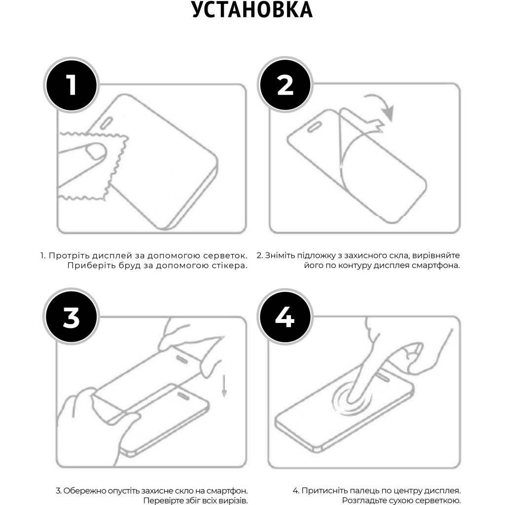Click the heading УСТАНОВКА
pos(252,10)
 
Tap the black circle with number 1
pos(72,85)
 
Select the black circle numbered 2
pos(285,85)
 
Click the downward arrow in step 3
pos(224,385)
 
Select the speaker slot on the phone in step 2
pos(314,128)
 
